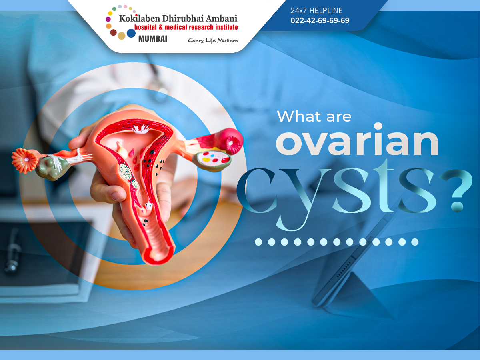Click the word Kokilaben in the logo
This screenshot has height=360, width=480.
click(140, 18)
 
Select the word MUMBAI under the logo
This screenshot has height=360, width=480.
click(153, 39)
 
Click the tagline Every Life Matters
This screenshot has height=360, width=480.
click(213, 40)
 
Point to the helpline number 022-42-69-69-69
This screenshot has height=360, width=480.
click(320, 20)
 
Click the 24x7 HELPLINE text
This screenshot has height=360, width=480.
click(316, 10)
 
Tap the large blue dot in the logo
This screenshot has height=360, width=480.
click(131, 33)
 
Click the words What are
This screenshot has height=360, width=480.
click(314, 116)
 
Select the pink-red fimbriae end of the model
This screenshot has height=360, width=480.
click(231, 141)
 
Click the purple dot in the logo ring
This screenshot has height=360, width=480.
click(108, 19)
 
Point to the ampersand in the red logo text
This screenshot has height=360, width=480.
click(160, 27)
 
